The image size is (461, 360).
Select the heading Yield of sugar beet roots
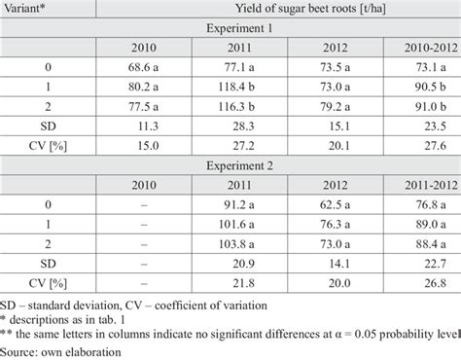click(275, 9)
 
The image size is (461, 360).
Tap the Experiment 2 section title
click(275, 162)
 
